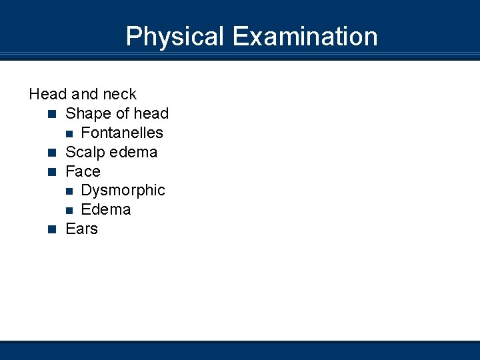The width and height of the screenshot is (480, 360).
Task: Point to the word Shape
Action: pos(86,114)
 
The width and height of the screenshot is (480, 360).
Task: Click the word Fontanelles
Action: pos(122,133)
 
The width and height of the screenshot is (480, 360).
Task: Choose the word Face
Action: pos(83,171)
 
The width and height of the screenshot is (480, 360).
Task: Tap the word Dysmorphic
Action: pos(123,190)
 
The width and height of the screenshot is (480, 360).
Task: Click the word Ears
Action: pos(81,229)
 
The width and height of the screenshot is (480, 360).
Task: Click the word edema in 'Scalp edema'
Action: pos(133,152)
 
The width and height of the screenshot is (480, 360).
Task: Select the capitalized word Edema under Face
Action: pos(105,209)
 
